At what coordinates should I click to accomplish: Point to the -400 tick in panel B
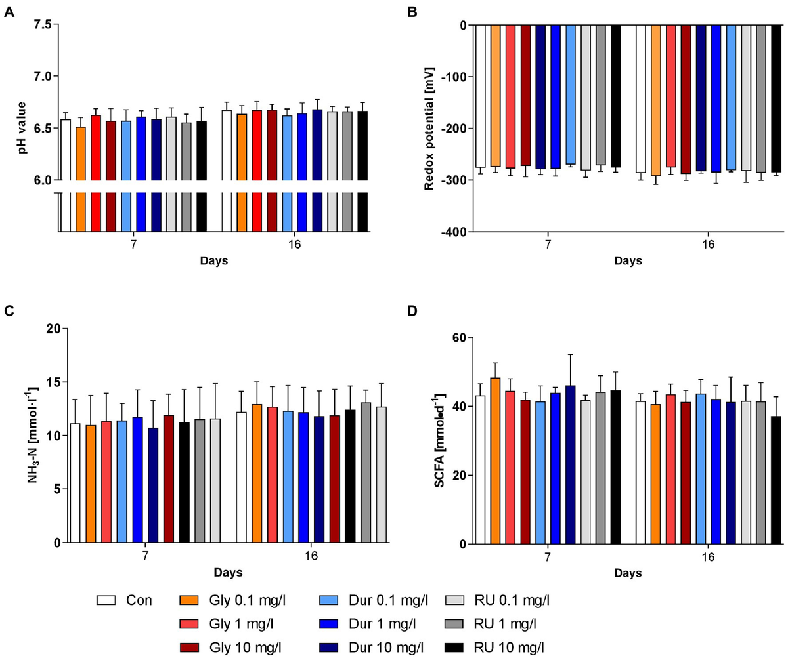pos(454,232)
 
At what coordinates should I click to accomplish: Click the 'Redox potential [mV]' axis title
pos(429,129)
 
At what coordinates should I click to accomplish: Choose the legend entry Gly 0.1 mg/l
pos(236,600)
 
